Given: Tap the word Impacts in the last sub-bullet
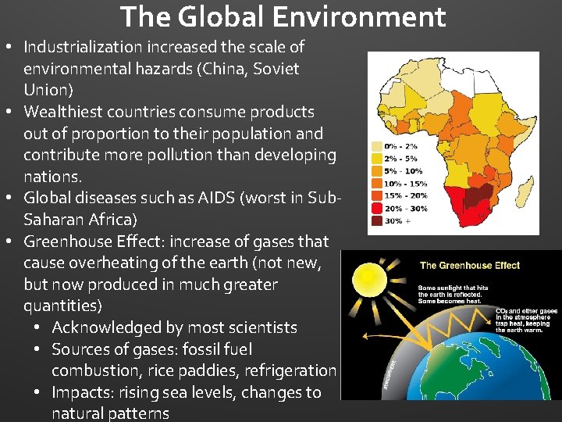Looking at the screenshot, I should pos(82,392).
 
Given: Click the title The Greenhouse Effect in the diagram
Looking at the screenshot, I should pos(470,266).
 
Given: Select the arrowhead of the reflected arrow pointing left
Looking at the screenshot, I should pos(364,337).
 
